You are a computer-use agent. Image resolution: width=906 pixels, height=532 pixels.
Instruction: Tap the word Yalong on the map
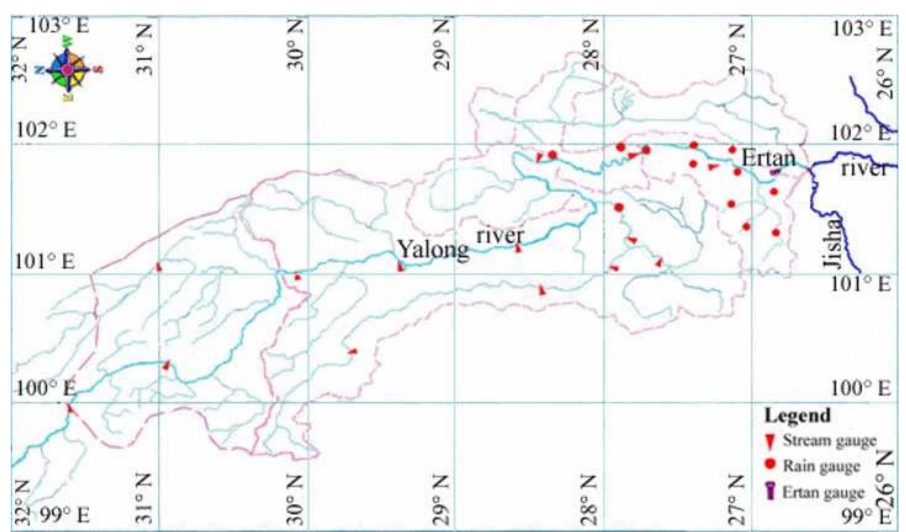point(432,250)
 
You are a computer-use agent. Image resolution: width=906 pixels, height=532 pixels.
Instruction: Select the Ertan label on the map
point(768,157)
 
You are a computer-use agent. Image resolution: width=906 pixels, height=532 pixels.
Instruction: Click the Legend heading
point(797,415)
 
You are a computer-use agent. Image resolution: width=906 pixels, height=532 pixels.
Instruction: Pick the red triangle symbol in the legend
point(770,441)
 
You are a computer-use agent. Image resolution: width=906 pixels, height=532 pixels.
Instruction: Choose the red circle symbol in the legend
point(770,464)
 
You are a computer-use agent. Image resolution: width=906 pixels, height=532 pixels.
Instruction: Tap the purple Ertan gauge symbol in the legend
point(770,491)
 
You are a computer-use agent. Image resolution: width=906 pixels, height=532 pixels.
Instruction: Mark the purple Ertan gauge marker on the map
point(775,172)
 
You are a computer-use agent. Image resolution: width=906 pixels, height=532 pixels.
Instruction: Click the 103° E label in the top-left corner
point(59,26)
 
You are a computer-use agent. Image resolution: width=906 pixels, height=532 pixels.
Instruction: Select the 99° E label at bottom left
point(64,514)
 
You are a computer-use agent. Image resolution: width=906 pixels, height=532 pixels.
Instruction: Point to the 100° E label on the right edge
point(860,388)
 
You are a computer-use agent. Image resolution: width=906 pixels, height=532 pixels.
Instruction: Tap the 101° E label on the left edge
point(44,261)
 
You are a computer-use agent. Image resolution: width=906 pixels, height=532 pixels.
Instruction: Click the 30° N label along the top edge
point(297,44)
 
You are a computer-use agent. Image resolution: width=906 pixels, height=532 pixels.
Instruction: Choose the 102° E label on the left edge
point(46,130)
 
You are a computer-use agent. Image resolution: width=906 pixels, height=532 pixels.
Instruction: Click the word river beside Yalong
point(500,235)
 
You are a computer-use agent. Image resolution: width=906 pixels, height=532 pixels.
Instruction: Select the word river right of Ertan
point(864,168)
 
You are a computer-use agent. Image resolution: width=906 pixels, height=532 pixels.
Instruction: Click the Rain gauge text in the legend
point(821,466)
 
